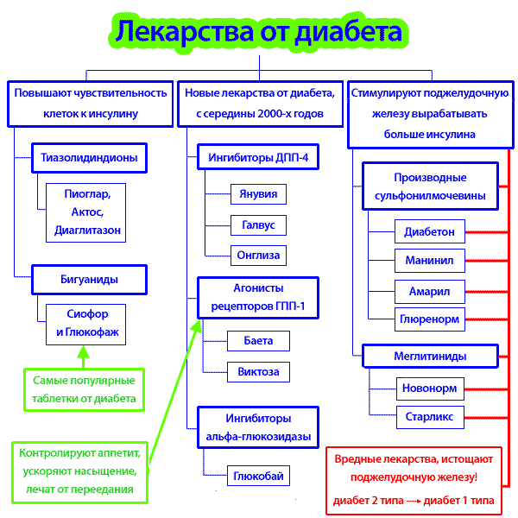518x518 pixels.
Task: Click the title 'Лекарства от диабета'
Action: tap(259, 33)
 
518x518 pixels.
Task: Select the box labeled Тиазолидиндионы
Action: tap(89, 158)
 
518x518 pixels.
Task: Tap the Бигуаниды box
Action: tap(89, 280)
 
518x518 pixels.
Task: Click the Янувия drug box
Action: tap(258, 194)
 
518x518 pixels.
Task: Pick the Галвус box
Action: tap(258, 225)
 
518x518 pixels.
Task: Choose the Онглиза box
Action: tap(258, 256)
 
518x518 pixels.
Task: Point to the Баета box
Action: tap(258, 341)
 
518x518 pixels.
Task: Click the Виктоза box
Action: tap(258, 372)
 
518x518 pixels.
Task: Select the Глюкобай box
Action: tap(258, 476)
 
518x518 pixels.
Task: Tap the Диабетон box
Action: tap(430, 231)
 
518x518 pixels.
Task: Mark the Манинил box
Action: tap(430, 261)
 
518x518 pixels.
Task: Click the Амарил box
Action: tap(430, 292)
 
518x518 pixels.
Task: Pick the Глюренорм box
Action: tap(430, 319)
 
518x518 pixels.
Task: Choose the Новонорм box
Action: tap(430, 388)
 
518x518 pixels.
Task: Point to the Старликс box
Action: tap(430, 417)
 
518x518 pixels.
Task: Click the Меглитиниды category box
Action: tap(430, 356)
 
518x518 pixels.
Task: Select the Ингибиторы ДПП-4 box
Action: tap(258, 157)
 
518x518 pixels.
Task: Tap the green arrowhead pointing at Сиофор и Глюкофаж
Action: tap(83, 351)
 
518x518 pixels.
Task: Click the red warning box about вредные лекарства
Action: tap(414, 481)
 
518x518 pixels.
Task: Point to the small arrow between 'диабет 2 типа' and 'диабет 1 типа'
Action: tap(414, 501)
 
